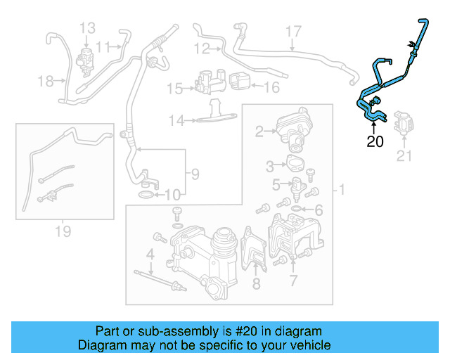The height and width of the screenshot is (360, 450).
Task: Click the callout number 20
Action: [375, 141]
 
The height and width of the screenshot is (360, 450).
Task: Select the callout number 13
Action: [87, 28]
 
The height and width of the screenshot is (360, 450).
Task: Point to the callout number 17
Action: [293, 31]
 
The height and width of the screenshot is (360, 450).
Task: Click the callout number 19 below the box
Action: [63, 230]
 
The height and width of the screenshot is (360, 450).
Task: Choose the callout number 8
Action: [256, 283]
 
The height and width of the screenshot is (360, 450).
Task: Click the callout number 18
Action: [46, 82]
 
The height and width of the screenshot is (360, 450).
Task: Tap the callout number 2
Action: [259, 131]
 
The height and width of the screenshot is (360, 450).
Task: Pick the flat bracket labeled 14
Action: [214, 114]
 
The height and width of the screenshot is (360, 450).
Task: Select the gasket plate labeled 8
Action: [252, 253]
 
